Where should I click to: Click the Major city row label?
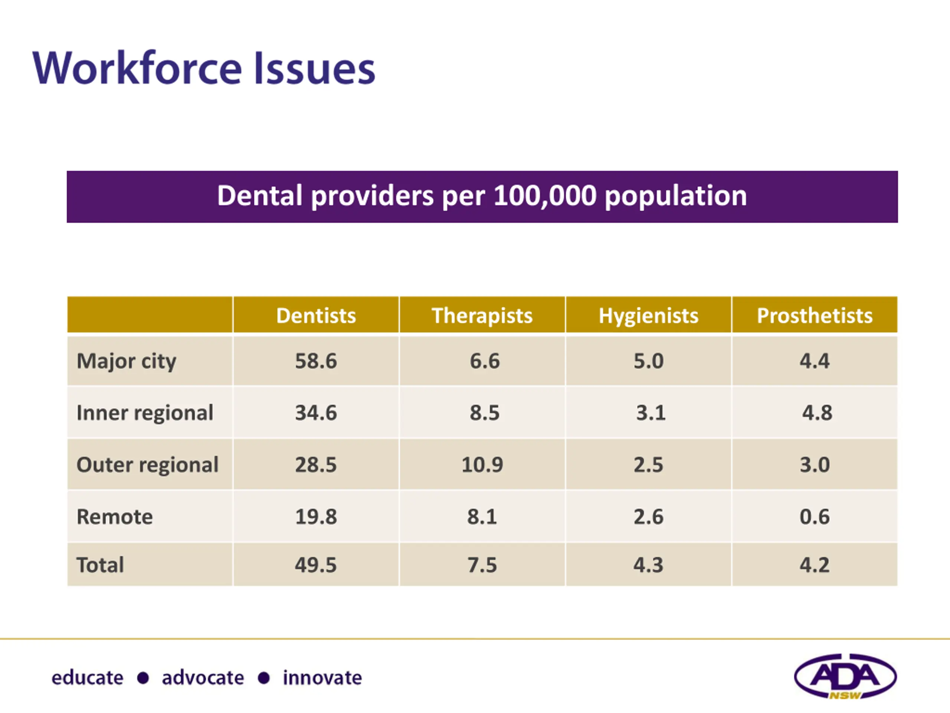(x=126, y=361)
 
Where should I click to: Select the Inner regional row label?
(x=145, y=413)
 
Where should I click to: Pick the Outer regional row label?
(x=147, y=465)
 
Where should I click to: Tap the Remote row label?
(x=115, y=516)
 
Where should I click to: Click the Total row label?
(x=100, y=565)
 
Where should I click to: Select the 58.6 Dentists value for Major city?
(x=316, y=361)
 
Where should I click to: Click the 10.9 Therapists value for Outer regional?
(x=482, y=465)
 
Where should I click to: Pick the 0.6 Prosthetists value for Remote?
(x=814, y=516)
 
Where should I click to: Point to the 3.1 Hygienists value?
(x=651, y=413)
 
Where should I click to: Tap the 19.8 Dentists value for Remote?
(x=316, y=516)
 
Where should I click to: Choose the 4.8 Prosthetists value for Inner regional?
(x=817, y=413)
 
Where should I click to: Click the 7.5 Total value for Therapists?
(x=482, y=565)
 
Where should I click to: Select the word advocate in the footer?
(x=203, y=678)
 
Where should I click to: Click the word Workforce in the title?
(x=137, y=69)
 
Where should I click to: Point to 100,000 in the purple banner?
(x=545, y=196)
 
